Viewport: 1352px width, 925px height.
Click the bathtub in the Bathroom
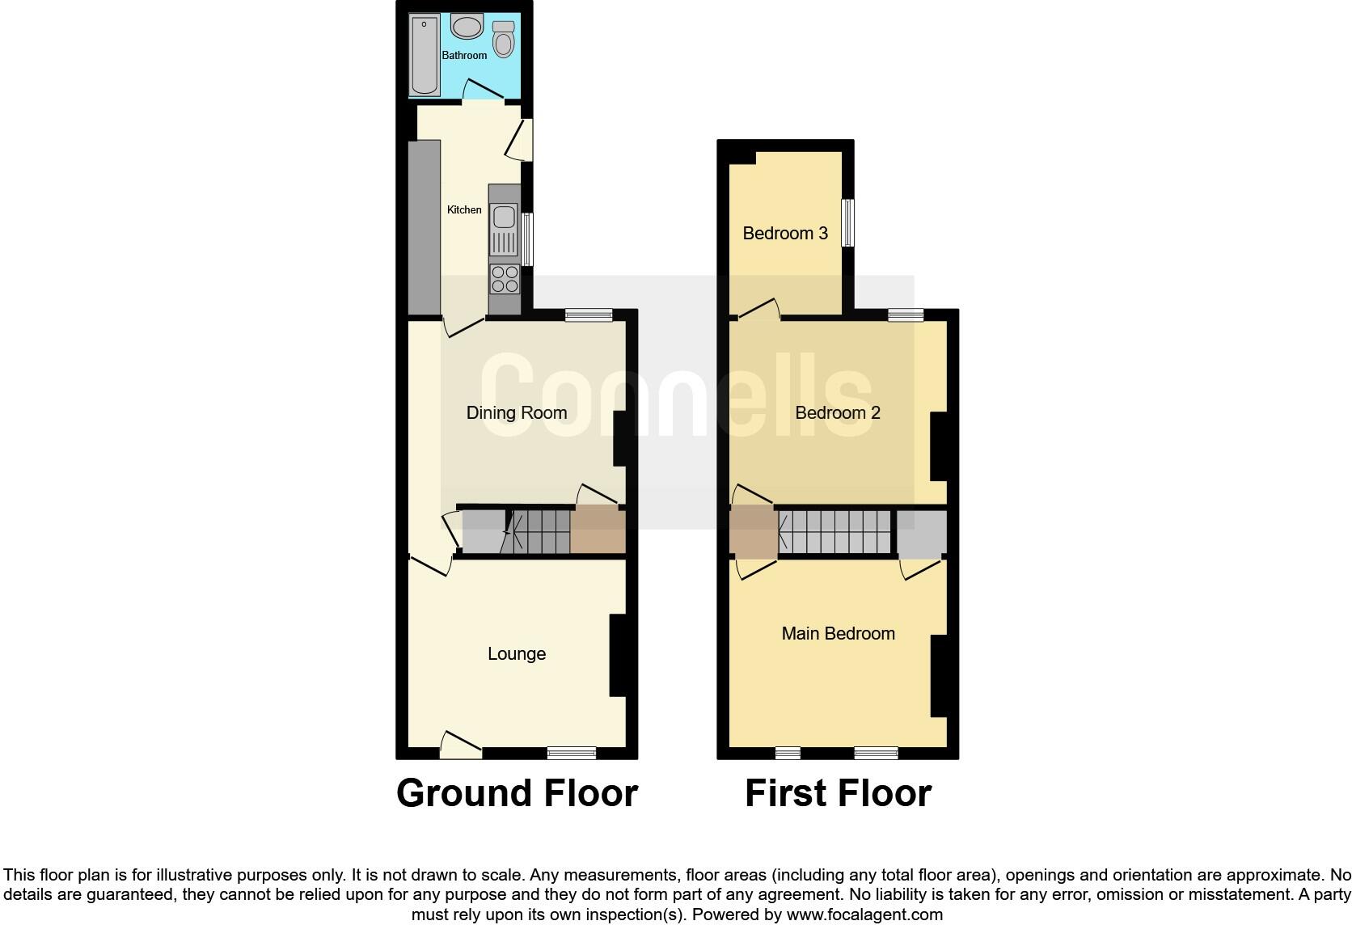click(x=425, y=55)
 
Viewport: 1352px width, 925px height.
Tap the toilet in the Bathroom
click(x=503, y=39)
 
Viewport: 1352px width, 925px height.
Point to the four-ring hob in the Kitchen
click(x=505, y=280)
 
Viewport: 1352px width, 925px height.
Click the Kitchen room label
click(x=464, y=209)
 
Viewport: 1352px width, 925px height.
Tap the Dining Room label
click(x=516, y=412)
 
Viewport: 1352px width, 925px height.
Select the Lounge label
click(x=516, y=653)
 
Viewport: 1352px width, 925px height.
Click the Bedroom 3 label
click(x=784, y=233)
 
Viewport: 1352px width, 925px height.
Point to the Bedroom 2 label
click(x=837, y=412)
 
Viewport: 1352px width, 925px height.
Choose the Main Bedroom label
click(x=838, y=633)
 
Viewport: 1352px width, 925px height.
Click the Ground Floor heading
click(x=517, y=793)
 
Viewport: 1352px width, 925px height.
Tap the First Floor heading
click(x=838, y=793)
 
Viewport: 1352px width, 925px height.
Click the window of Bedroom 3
click(x=847, y=222)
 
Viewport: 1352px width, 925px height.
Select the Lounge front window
click(x=572, y=753)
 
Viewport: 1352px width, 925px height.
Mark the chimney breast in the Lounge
click(x=619, y=655)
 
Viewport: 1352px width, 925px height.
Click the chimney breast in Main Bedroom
click(x=939, y=676)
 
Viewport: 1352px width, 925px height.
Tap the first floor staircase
click(x=836, y=531)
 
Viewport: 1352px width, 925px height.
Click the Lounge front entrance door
click(x=461, y=745)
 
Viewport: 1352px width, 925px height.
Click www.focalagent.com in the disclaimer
click(x=864, y=914)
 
